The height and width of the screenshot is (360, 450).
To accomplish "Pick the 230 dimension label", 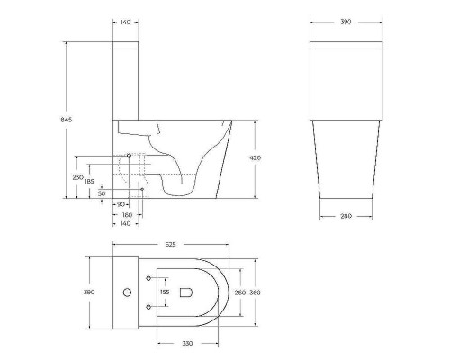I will pos(78,177).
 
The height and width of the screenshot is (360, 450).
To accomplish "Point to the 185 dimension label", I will pos(91,182).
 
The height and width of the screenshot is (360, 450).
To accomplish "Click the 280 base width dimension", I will pos(346,215).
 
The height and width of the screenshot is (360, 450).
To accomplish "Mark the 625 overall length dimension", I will pos(170,244).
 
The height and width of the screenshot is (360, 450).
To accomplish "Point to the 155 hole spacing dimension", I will pos(164,292).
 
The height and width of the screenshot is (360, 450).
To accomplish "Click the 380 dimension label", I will pos(256,292).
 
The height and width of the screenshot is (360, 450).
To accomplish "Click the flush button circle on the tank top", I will pos(126,292).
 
